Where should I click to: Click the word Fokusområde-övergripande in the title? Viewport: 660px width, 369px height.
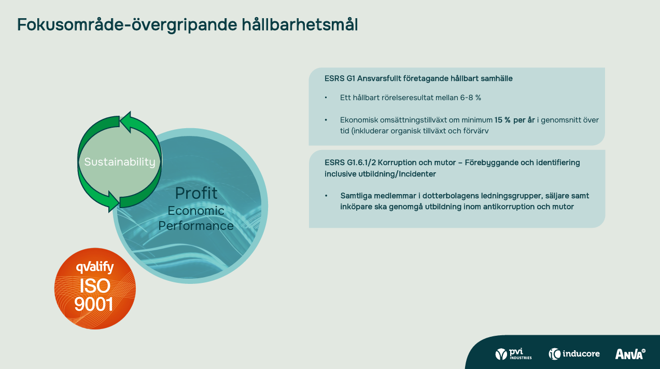click(128, 25)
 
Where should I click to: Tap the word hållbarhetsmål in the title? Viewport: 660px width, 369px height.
click(300, 24)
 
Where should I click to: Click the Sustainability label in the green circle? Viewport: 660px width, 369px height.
click(120, 162)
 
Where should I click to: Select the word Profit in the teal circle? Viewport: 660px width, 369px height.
click(196, 194)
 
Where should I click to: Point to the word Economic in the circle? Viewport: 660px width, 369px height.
click(196, 211)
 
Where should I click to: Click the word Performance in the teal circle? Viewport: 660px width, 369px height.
click(196, 226)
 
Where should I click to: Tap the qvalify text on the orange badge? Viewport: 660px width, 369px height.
click(95, 267)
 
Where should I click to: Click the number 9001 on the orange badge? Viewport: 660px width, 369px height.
click(94, 304)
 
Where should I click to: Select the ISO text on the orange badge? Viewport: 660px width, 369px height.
click(95, 285)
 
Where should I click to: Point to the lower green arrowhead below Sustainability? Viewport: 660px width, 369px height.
click(114, 201)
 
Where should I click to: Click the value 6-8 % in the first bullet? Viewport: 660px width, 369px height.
click(471, 98)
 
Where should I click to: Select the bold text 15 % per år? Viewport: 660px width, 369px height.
click(514, 120)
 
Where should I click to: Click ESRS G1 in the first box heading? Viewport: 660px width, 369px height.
click(340, 78)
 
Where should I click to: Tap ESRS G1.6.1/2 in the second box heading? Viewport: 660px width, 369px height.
click(350, 162)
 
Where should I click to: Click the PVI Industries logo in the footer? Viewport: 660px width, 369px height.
click(514, 353)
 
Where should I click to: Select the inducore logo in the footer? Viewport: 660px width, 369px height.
click(574, 353)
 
